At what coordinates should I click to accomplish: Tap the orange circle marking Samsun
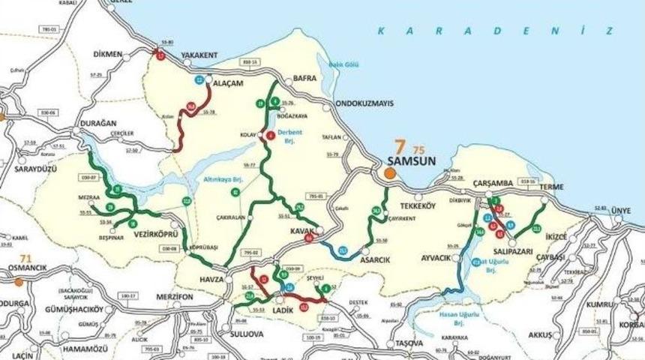(x=389, y=173)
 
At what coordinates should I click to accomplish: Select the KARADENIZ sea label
(x=494, y=31)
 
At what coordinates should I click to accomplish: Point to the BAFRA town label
(x=305, y=77)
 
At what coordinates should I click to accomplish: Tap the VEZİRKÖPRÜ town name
(x=154, y=233)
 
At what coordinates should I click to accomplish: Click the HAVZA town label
(x=211, y=279)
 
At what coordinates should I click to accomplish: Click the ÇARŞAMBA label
(x=493, y=184)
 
